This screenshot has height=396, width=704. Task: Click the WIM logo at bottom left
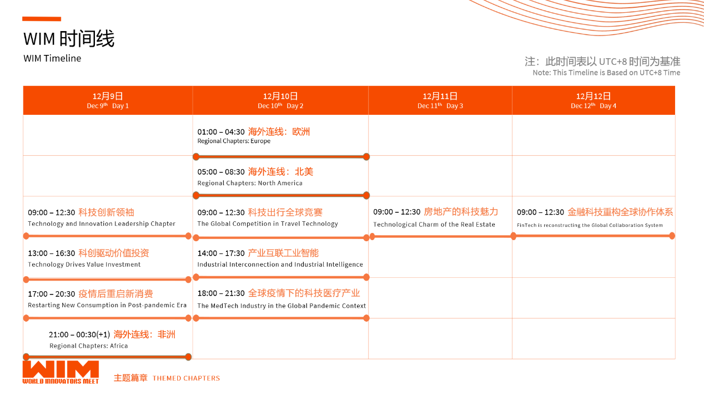[61, 372]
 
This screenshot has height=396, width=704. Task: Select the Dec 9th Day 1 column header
[108, 100]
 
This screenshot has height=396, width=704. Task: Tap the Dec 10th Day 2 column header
[280, 100]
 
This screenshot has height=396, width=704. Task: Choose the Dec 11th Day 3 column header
[440, 100]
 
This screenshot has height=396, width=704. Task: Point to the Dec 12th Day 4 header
[594, 100]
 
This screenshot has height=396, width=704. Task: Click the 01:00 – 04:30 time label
[221, 132]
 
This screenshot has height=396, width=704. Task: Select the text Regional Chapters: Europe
[234, 141]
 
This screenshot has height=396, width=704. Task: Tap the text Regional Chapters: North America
[250, 183]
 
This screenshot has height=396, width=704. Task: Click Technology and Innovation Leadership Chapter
[102, 224]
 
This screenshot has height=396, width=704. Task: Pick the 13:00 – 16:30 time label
[51, 253]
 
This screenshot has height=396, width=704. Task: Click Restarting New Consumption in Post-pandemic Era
[107, 305]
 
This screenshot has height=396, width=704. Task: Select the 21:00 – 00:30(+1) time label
[79, 334]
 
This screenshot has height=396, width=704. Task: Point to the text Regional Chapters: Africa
[89, 346]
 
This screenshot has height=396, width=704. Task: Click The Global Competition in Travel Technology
[268, 224]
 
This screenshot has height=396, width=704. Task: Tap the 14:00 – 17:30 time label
[221, 253]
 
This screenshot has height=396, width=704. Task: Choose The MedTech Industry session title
[281, 306]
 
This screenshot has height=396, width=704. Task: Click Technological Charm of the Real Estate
[434, 225]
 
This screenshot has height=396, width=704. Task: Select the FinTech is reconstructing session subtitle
[590, 225]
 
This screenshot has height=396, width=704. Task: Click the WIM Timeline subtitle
[52, 58]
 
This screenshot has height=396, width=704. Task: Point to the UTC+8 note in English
[606, 73]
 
